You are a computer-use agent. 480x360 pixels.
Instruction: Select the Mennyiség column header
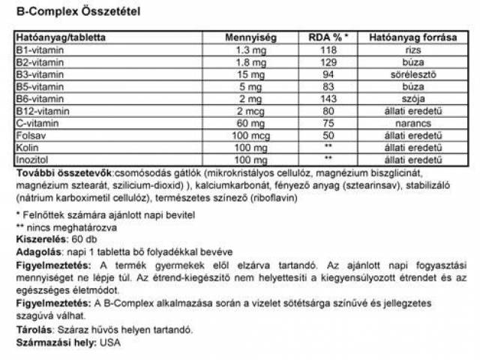click(x=251, y=36)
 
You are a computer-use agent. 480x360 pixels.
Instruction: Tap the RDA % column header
click(x=328, y=36)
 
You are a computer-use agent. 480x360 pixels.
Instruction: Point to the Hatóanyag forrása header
click(x=410, y=36)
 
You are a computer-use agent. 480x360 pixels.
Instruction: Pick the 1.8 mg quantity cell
click(x=251, y=61)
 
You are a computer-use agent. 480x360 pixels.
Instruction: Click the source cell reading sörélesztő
click(x=410, y=73)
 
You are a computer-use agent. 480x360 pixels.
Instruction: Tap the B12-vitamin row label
click(x=40, y=110)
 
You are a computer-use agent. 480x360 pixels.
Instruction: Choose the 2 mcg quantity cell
click(x=251, y=110)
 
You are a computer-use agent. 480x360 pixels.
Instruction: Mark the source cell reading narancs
click(x=410, y=122)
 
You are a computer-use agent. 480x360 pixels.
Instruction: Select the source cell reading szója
click(x=410, y=97)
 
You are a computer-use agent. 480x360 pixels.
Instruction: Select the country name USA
click(x=108, y=342)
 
